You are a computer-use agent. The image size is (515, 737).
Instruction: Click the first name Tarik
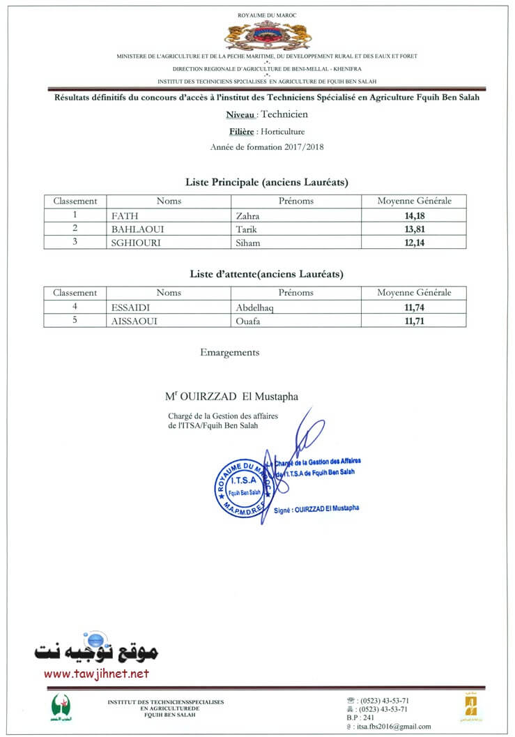pos(247,229)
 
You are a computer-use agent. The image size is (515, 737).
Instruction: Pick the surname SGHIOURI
pos(134,243)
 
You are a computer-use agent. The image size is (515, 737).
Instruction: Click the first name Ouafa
pos(249,321)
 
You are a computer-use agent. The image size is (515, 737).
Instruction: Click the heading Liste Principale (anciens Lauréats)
pos(267,183)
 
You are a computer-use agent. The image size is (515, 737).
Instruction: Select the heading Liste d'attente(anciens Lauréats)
pos(267,275)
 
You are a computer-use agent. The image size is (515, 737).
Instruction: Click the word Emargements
pos(229,353)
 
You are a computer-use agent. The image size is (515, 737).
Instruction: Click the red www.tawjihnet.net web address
pos(96,674)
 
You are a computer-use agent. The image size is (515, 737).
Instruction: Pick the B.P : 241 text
pos(360,717)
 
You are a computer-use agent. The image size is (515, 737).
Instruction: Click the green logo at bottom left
pos(61,706)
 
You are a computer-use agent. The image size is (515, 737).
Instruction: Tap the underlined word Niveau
pos(240,115)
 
